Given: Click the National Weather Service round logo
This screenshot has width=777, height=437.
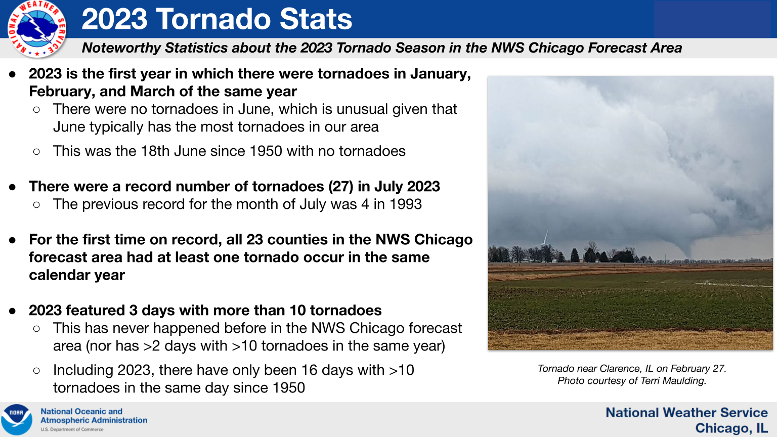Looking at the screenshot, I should [37, 29].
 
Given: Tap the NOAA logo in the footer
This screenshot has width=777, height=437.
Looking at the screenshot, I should [16, 419].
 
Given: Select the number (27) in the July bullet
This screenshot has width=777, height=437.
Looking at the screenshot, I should [341, 187].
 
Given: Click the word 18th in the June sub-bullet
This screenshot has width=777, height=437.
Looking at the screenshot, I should [155, 151].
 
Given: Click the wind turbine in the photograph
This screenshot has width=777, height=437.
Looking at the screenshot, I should [545, 239].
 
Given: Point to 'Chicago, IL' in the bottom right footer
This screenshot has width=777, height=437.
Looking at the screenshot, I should [731, 428].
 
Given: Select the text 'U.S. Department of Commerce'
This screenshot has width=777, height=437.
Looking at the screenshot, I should [72, 429].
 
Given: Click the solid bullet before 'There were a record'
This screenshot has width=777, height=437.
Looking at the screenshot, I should [12, 187].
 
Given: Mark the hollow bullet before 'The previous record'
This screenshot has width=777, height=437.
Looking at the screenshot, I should [36, 205].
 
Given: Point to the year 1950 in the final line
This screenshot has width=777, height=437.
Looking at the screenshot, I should [288, 388].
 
